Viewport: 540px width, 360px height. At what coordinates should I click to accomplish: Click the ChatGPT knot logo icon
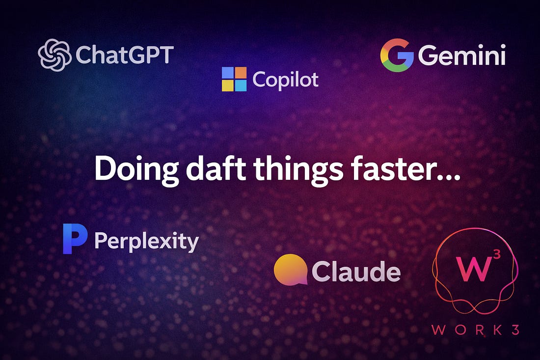(54, 55)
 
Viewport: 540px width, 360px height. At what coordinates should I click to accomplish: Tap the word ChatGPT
(125, 55)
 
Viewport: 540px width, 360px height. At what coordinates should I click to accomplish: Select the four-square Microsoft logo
(234, 79)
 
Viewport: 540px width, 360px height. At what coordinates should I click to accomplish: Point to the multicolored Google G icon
(397, 55)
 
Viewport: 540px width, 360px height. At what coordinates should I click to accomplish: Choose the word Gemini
(462, 55)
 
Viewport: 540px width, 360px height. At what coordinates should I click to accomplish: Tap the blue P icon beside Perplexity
(75, 239)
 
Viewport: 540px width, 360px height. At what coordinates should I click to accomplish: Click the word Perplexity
(146, 242)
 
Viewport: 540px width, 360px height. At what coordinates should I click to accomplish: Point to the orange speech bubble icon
(291, 270)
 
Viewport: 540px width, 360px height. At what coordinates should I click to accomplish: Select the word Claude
(356, 271)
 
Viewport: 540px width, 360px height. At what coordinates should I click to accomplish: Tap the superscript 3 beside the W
(497, 254)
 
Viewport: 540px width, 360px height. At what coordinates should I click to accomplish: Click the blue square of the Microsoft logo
(241, 85)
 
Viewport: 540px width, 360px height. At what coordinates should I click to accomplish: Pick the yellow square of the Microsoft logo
(228, 85)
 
